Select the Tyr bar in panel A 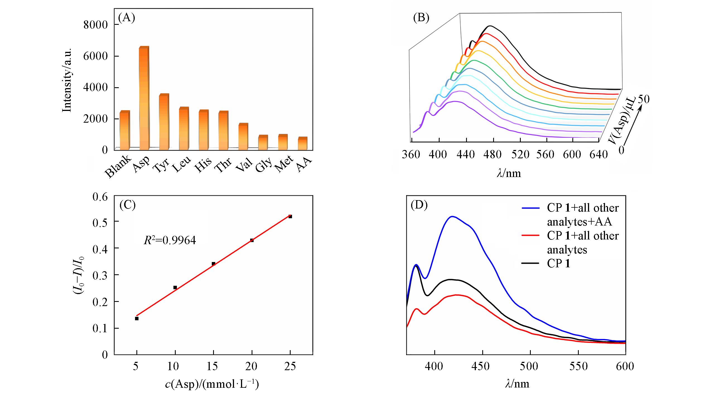click(x=164, y=122)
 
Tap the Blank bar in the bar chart click(x=124, y=130)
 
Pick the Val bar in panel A click(x=243, y=136)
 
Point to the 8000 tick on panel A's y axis click(x=95, y=25)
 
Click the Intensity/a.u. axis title click(x=67, y=80)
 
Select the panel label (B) click(x=421, y=18)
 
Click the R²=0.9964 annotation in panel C click(x=170, y=240)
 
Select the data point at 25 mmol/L click(x=290, y=217)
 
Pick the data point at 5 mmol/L click(x=137, y=318)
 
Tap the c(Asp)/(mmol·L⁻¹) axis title click(x=212, y=384)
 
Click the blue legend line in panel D click(x=531, y=208)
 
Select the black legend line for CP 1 click(x=531, y=264)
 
